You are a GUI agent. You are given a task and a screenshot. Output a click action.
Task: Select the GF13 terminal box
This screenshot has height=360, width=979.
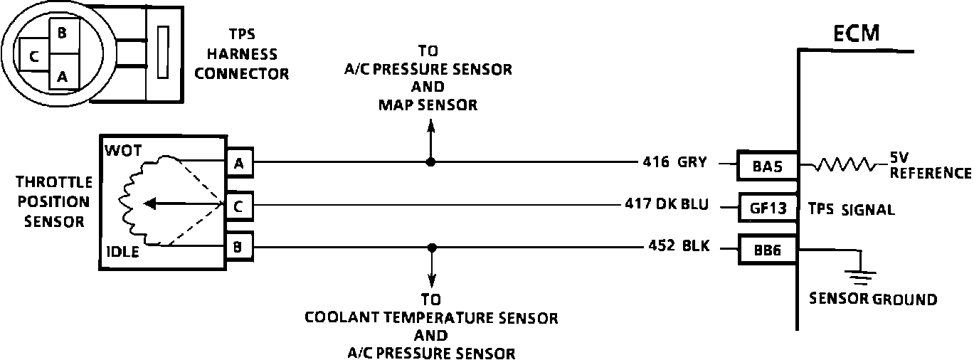768,208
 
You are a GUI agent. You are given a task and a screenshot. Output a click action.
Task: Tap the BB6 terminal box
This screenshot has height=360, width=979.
768,249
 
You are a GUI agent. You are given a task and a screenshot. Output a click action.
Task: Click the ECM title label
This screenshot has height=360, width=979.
857,33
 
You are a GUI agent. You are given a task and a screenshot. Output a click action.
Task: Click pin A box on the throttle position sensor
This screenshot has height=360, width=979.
238,163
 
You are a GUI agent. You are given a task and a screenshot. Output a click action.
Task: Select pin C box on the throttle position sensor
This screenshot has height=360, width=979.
238,206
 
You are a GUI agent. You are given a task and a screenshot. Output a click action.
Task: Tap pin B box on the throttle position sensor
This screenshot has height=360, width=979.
238,248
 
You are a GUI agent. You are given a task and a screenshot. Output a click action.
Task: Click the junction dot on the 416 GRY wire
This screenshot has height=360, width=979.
430,162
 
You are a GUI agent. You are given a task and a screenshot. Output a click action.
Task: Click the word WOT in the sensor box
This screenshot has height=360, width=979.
122,150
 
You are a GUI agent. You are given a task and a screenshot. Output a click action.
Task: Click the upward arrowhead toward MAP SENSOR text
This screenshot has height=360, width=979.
430,125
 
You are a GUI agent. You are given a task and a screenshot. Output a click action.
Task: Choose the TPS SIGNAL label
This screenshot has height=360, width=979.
852,210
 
